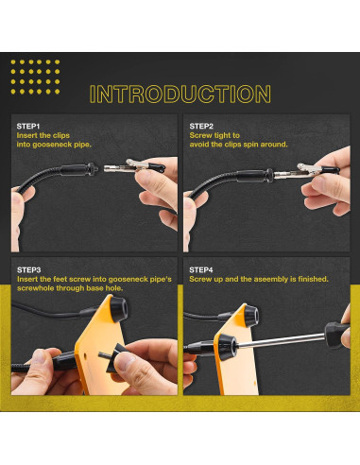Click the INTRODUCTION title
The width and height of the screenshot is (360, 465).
click(x=180, y=94)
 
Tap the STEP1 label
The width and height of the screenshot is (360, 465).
click(x=28, y=127)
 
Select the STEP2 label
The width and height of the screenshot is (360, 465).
click(x=201, y=127)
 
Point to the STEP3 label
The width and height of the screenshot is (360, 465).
click(x=28, y=270)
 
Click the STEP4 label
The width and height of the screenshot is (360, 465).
click(x=201, y=270)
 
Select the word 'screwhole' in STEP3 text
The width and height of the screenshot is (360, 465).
click(x=35, y=288)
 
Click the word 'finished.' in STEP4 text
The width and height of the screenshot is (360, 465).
click(x=313, y=279)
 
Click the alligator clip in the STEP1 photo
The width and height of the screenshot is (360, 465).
click(x=134, y=166)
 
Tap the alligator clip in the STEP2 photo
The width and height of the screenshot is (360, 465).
click(x=306, y=170)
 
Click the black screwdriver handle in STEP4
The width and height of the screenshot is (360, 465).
click(x=337, y=335)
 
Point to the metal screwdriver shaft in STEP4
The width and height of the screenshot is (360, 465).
click(x=281, y=341)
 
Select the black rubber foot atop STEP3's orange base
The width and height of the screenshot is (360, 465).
click(x=118, y=308)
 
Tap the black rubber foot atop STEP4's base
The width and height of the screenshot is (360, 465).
click(x=250, y=316)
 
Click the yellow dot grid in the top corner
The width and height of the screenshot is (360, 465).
click(x=35, y=77)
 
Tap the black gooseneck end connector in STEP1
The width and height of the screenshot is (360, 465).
click(x=79, y=169)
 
